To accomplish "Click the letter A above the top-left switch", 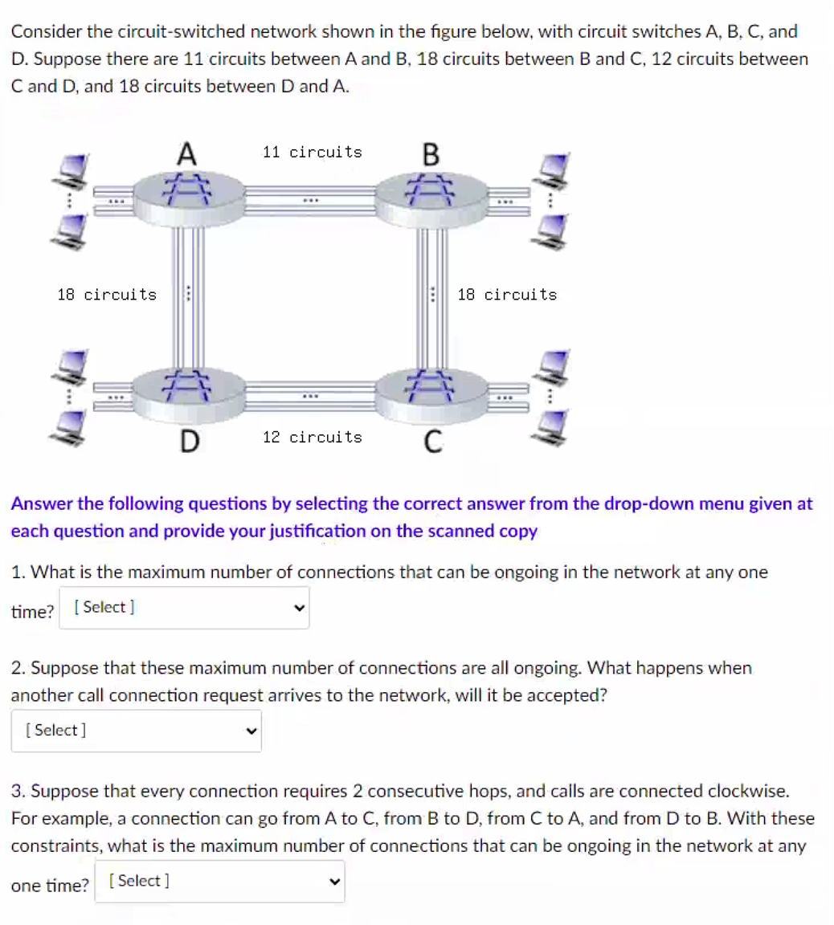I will [187, 153].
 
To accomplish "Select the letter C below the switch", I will [431, 441].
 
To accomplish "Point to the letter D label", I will [188, 441].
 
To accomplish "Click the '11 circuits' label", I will [313, 152].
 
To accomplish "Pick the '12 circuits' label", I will [313, 437].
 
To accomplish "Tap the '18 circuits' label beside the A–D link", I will [107, 295].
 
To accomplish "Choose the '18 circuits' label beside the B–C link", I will [507, 295].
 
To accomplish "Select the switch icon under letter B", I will [432, 197].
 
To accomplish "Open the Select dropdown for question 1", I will [184, 608].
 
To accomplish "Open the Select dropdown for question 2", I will [136, 731].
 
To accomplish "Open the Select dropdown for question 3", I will [219, 882].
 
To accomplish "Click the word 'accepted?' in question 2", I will [566, 695].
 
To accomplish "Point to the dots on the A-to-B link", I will [312, 199].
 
